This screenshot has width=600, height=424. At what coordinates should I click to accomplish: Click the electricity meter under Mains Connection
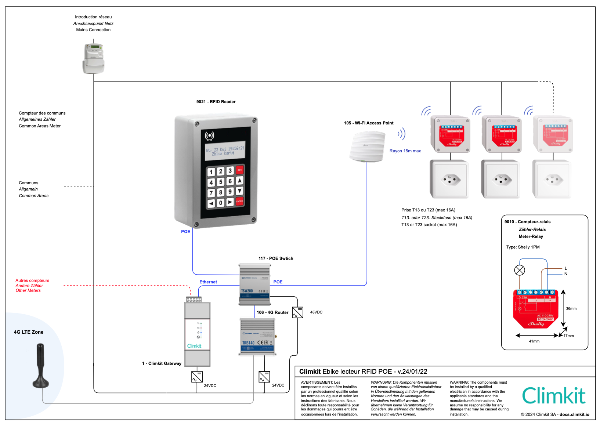pos(93,58)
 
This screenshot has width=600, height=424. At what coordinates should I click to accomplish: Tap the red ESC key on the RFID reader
pos(239,170)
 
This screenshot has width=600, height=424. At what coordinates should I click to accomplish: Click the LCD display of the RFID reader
pos(225,151)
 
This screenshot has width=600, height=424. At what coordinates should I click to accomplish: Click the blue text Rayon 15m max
pos(405,151)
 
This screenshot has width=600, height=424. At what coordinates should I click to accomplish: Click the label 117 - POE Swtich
pos(276,258)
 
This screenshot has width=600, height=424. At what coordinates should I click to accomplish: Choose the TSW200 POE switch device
pos(254,285)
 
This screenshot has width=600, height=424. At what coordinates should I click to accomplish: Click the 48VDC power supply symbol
pos(297,312)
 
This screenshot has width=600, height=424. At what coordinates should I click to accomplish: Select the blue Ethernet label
pos(208,282)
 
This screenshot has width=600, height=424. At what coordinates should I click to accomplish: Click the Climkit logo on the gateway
pos(194,346)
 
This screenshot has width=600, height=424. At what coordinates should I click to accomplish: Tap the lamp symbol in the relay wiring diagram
pos(520,270)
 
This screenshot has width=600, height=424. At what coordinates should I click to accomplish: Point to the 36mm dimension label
pos(571,309)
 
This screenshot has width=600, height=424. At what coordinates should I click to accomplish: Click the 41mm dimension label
pos(534,341)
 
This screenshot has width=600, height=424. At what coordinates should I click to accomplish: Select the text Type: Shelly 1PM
pos(523,247)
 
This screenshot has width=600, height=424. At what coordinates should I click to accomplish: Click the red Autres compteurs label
pos(32,280)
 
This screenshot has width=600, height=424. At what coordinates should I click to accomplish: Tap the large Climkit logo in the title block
pos(554,396)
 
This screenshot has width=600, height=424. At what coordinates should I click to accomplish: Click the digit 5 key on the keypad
pos(221,182)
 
